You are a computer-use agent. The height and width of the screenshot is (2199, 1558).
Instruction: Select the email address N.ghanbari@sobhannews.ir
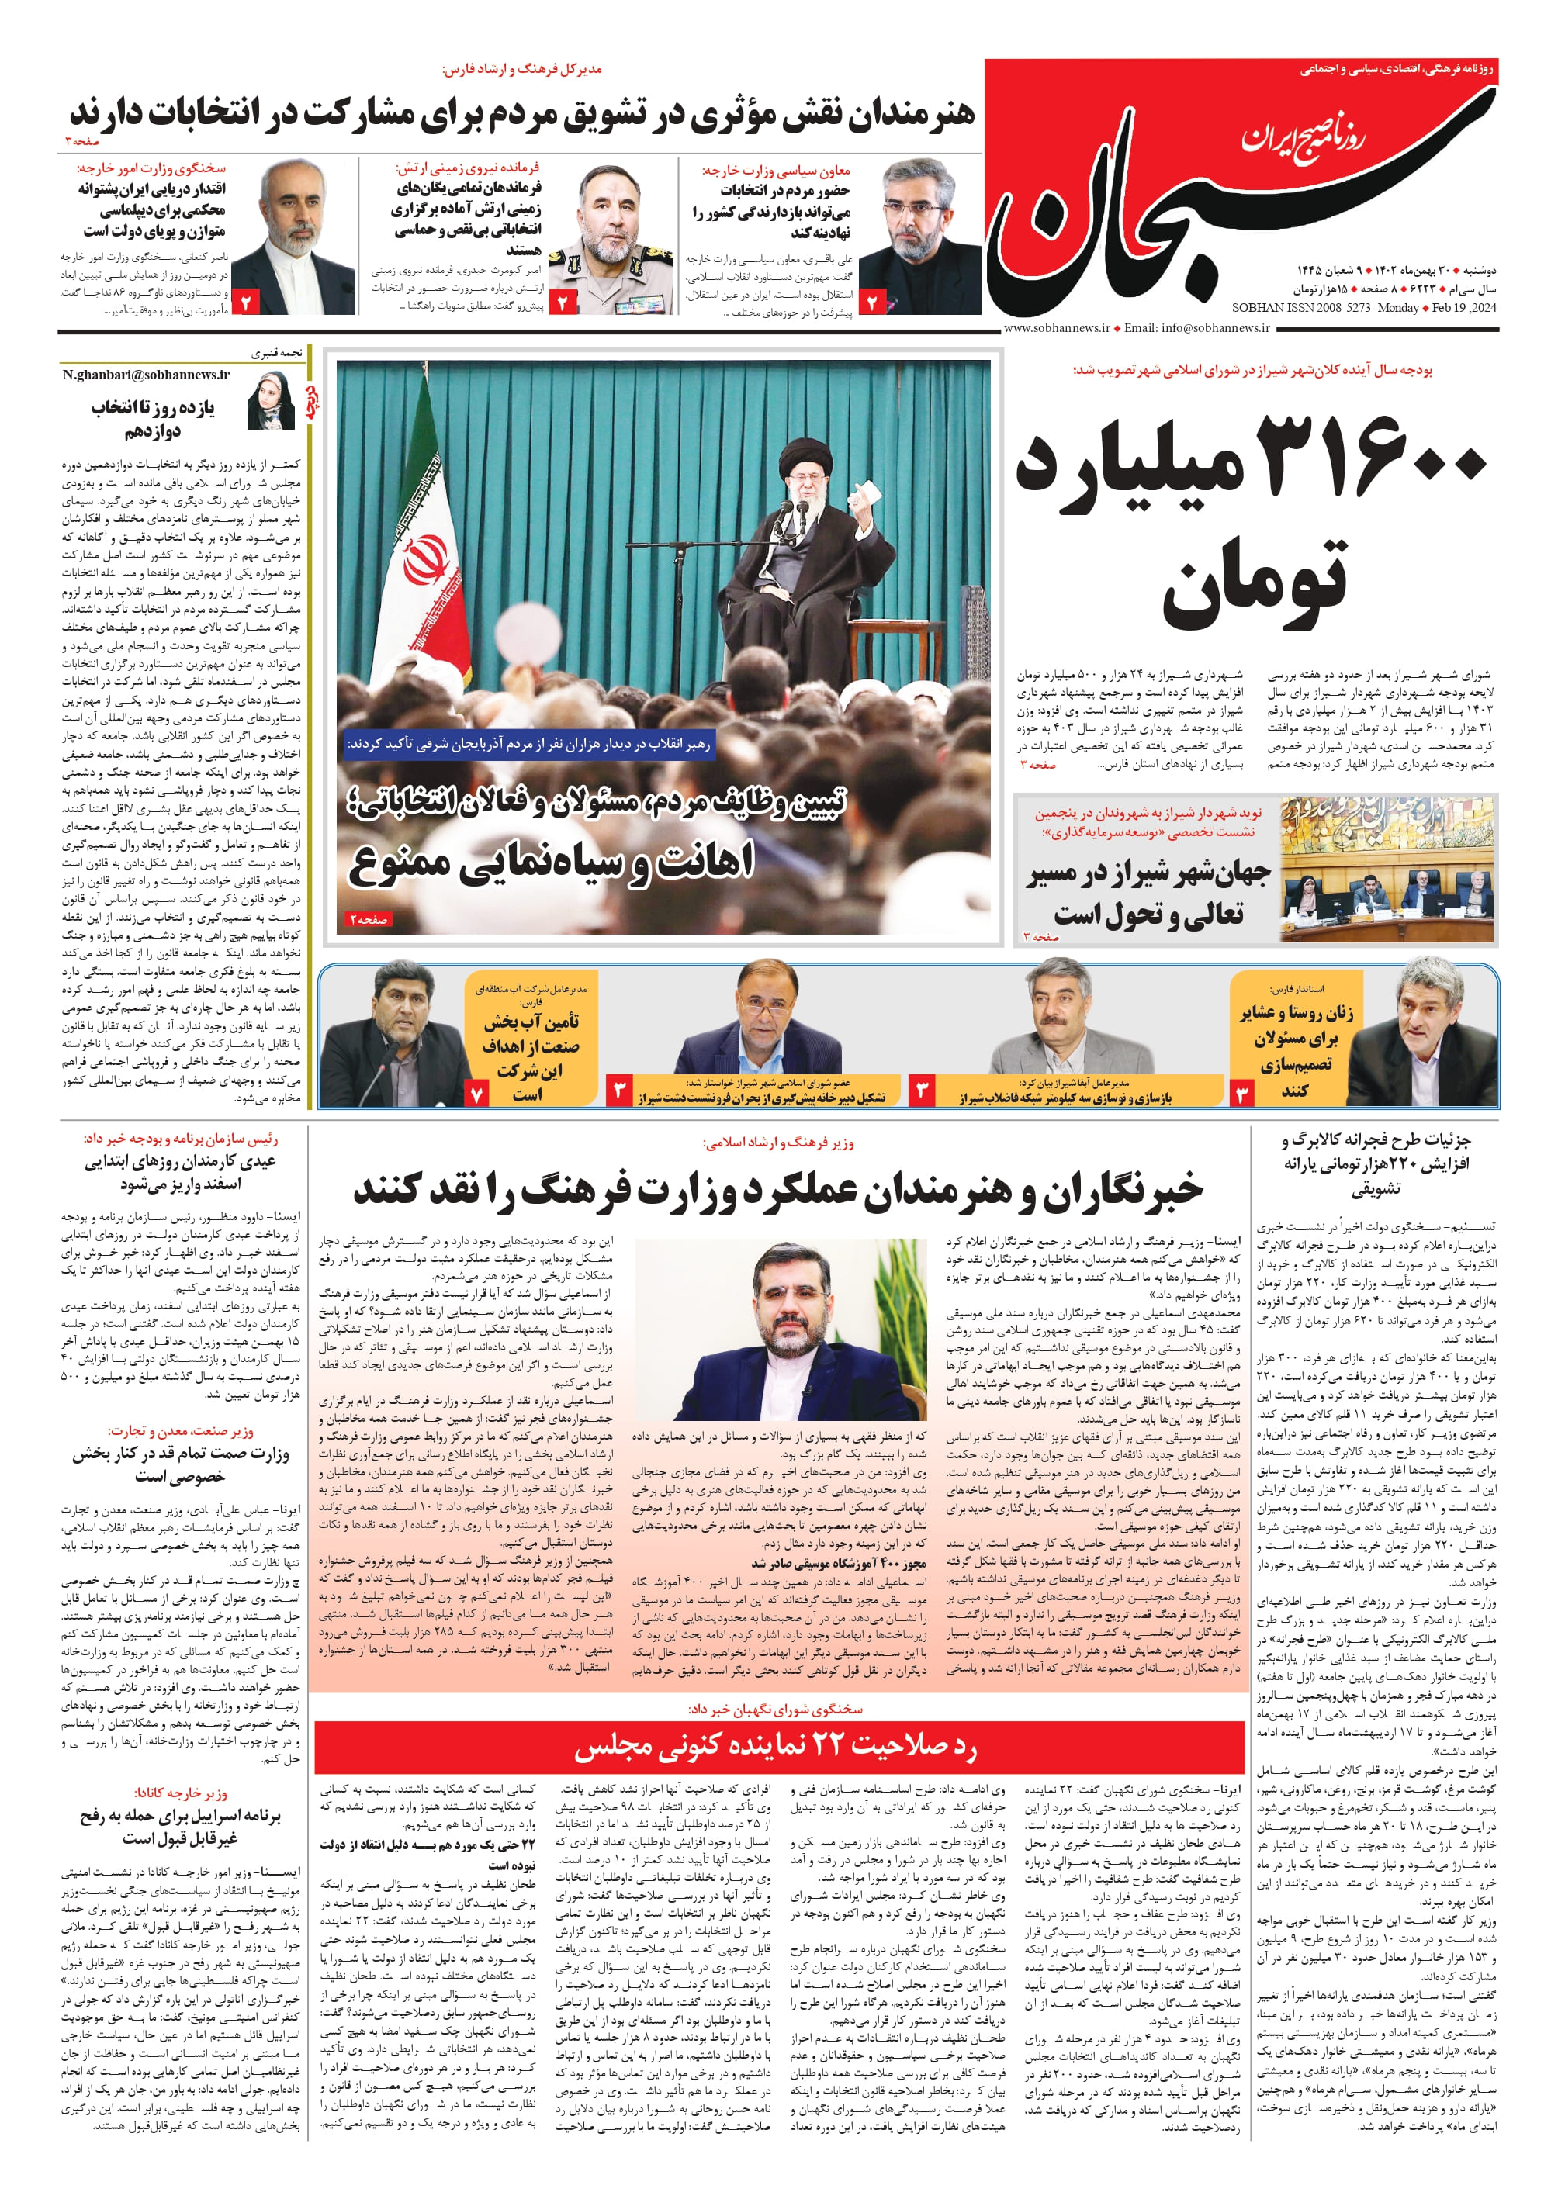[146, 375]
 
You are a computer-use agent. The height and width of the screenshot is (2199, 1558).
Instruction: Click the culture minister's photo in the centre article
[782, 1328]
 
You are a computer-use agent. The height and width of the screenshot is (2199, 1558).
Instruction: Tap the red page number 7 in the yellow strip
[477, 1092]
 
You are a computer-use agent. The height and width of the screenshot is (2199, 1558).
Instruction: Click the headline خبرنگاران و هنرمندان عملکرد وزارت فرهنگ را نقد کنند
[777, 1189]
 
